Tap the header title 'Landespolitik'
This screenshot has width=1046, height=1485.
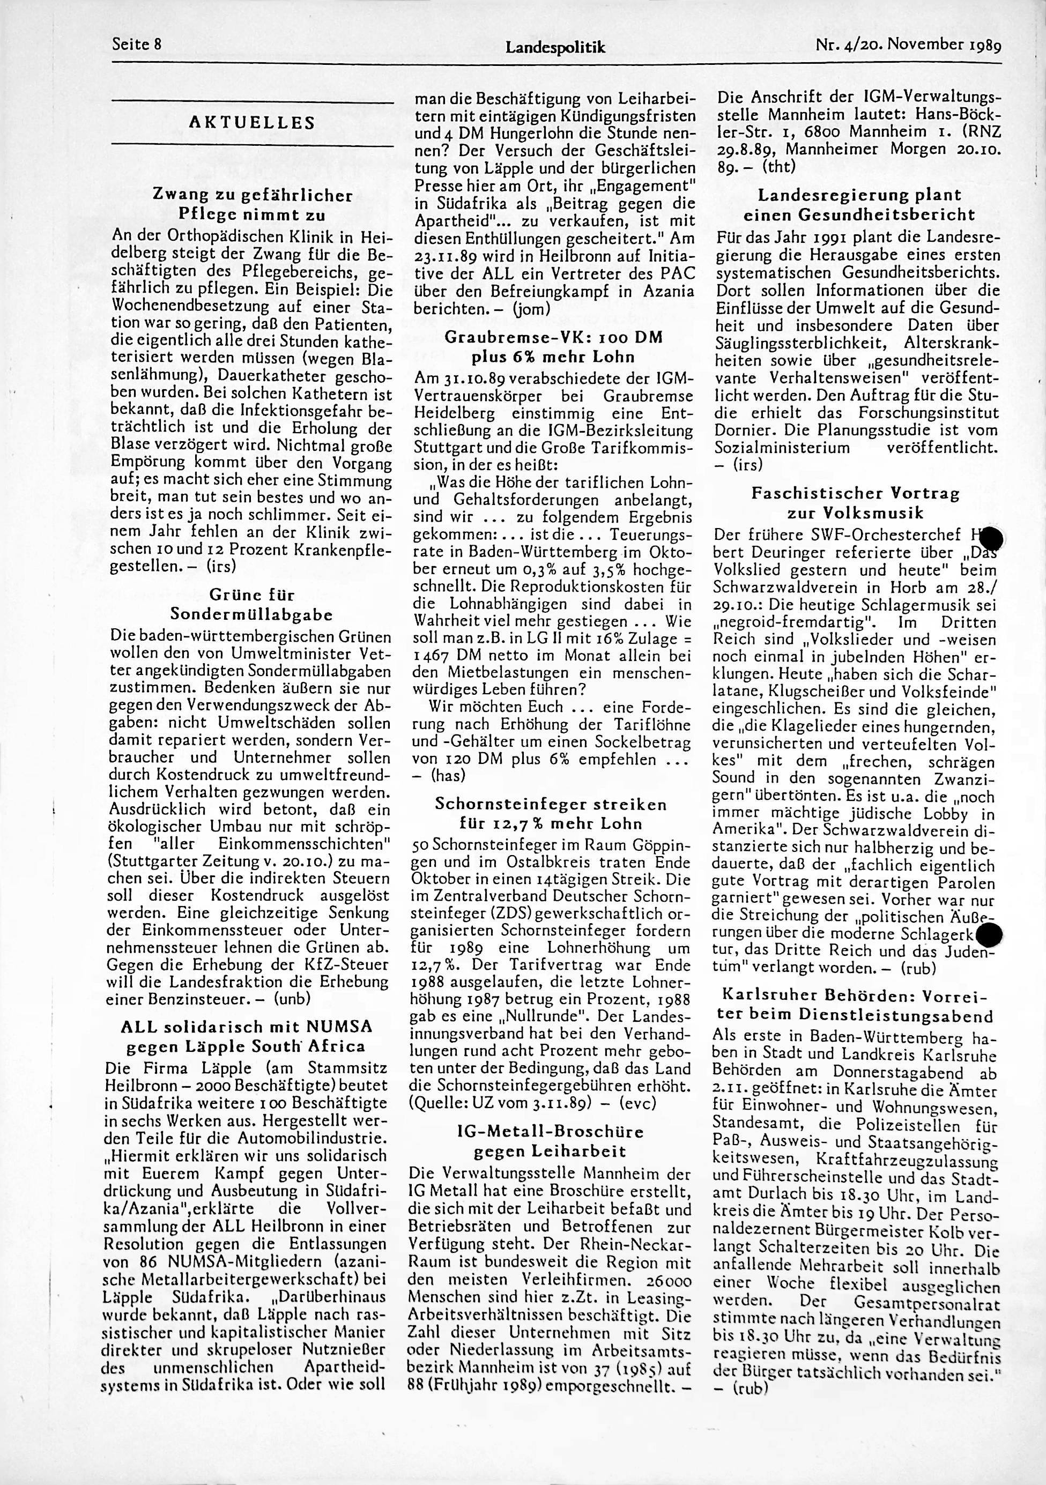click(x=555, y=47)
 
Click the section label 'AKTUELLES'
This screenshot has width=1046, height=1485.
click(x=253, y=123)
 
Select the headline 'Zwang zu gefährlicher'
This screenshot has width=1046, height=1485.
click(x=253, y=195)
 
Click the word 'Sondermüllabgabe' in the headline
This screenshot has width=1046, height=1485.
click(x=253, y=613)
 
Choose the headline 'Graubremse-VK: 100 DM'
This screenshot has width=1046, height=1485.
click(x=554, y=338)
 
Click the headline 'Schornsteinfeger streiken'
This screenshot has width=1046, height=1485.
click(x=551, y=805)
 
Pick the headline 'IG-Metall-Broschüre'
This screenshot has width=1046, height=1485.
click(x=551, y=1132)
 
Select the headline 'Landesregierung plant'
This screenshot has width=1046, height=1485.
click(x=859, y=195)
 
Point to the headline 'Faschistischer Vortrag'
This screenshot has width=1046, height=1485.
click(x=855, y=494)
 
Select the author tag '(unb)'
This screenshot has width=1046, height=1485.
click(x=293, y=998)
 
